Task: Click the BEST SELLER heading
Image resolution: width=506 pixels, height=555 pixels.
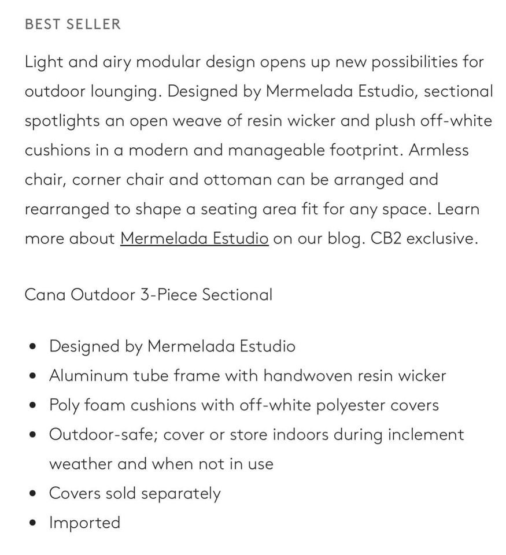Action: click(x=73, y=24)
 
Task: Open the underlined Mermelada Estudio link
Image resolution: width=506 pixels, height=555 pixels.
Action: click(x=194, y=238)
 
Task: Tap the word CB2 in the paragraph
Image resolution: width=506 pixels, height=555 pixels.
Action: click(x=386, y=238)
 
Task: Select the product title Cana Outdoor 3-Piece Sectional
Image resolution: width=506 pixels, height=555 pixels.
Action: click(x=148, y=294)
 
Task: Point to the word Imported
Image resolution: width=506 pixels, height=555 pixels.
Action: click(x=84, y=522)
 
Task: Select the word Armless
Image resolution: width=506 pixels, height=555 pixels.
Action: click(x=439, y=150)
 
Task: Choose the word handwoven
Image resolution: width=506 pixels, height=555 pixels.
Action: click(x=308, y=375)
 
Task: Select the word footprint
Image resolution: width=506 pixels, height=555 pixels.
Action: click(x=366, y=150)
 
